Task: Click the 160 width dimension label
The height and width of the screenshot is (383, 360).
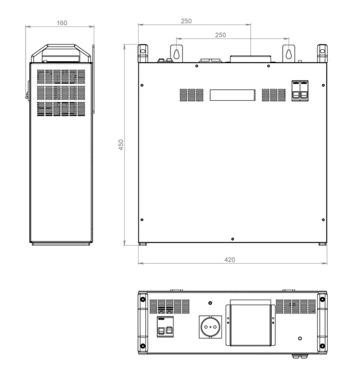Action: (61, 23)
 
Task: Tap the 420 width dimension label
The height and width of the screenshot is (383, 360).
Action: (229, 260)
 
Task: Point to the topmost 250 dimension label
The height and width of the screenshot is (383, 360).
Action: (186, 21)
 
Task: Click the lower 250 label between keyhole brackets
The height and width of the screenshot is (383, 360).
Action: (220, 35)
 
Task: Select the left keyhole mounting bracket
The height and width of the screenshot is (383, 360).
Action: (176, 53)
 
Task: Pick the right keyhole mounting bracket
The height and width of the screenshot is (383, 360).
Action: (289, 53)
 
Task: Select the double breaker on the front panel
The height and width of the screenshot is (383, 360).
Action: (299, 91)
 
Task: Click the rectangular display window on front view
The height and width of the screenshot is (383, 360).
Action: (232, 95)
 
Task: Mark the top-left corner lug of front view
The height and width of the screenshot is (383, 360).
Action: (143, 53)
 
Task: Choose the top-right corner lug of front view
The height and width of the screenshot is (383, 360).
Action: (322, 53)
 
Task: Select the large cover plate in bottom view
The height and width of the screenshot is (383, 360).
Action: (250, 324)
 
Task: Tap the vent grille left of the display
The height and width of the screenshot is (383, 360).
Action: (192, 95)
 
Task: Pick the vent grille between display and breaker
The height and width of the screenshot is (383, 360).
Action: (274, 95)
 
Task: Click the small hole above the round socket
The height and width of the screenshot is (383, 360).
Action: (210, 303)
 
